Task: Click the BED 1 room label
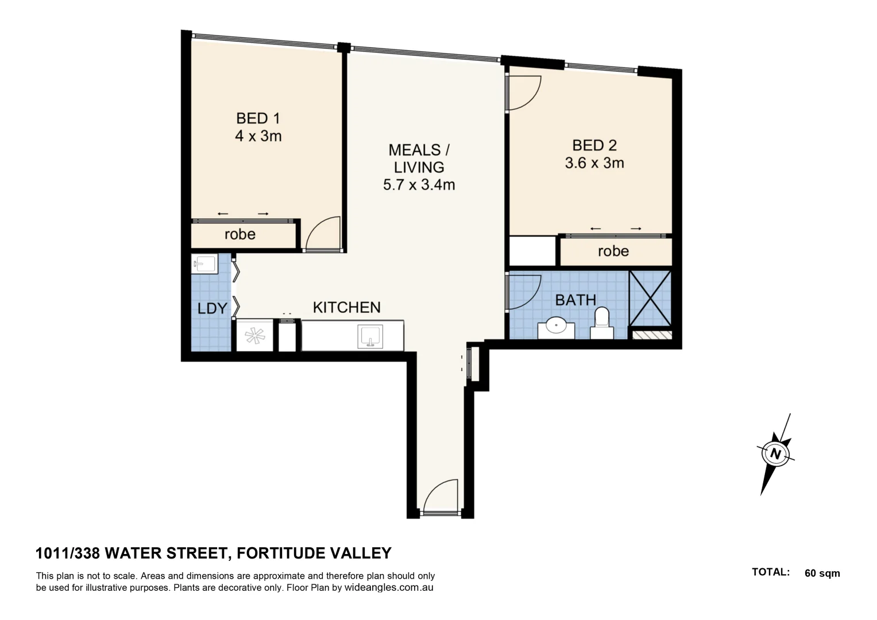258,118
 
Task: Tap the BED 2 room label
594,145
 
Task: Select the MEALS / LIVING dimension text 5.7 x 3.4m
419,185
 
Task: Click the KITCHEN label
346,308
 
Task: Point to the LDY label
212,308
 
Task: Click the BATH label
575,300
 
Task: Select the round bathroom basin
556,326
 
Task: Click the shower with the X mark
650,297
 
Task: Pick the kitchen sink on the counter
370,336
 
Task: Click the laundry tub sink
204,264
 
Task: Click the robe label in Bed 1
240,234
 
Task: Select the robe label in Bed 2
613,251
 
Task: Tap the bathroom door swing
524,292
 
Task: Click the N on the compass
776,454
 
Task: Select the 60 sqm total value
822,573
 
